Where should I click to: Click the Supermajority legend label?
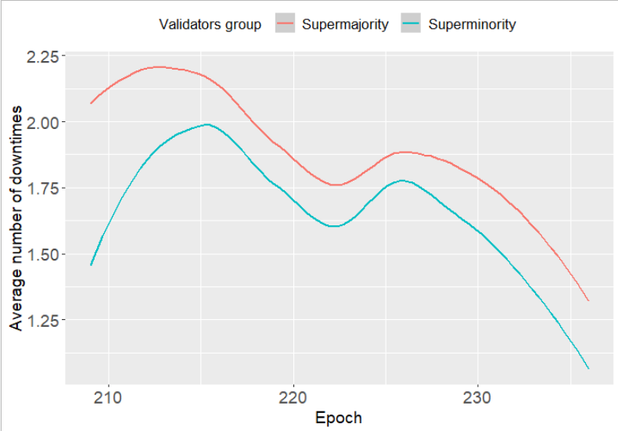[345, 24]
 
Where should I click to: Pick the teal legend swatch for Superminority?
[412, 24]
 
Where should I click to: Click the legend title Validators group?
[210, 24]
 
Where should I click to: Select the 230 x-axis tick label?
[477, 397]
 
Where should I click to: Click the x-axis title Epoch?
[339, 417]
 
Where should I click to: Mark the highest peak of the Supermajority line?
[159, 67]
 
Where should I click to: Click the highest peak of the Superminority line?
[207, 124]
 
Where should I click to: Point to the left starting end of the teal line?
[92, 265]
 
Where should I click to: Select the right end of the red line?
[588, 301]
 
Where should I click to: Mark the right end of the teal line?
[588, 368]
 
